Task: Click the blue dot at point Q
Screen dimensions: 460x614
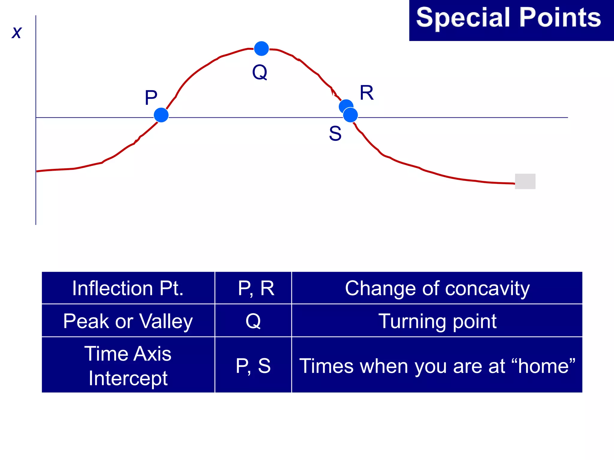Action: pos(261,49)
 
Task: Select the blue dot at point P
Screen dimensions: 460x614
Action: pos(161,115)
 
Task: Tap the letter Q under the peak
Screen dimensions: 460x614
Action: pos(260,72)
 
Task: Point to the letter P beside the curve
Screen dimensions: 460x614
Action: pos(151,98)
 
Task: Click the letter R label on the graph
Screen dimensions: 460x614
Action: pos(366,93)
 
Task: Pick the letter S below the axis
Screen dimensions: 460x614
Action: pos(335,134)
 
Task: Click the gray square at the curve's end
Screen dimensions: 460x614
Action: pos(525,181)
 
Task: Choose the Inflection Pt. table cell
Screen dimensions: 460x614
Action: pos(128,288)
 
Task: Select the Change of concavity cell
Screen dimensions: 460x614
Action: pos(437,288)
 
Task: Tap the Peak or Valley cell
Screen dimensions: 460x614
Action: pos(128,321)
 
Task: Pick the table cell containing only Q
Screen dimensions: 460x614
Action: pos(253,321)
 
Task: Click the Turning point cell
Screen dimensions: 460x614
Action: pos(437,321)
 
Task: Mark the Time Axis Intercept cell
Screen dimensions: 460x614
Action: pos(128,365)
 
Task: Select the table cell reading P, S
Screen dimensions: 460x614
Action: pos(253,366)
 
